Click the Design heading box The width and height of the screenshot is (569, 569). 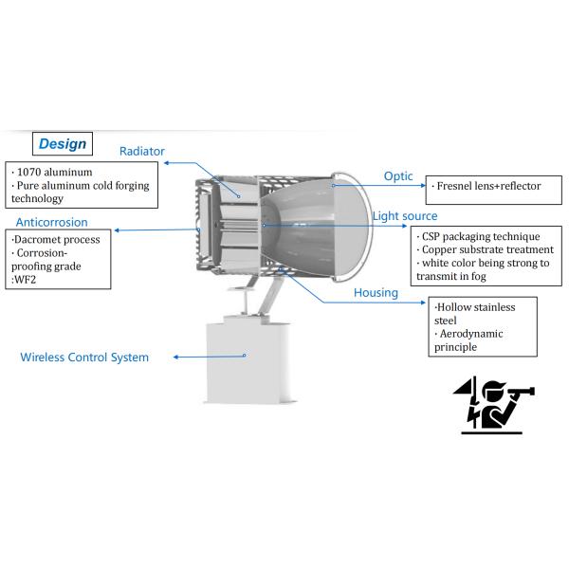(x=63, y=144)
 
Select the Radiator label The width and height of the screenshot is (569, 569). (x=141, y=151)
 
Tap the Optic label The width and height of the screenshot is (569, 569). (x=397, y=176)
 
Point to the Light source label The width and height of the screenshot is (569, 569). (x=405, y=216)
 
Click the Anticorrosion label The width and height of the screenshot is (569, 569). (x=52, y=222)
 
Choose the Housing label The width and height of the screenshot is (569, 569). (x=376, y=293)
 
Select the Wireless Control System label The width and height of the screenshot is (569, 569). (x=84, y=358)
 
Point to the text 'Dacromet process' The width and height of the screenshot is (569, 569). (x=56, y=240)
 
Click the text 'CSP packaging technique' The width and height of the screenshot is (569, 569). (x=480, y=236)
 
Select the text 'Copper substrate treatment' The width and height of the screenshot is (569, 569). (x=485, y=249)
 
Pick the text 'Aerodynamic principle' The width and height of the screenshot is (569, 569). (x=468, y=340)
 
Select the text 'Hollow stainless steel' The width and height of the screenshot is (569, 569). (x=474, y=314)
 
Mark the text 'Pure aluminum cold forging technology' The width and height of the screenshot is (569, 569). (x=78, y=192)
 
